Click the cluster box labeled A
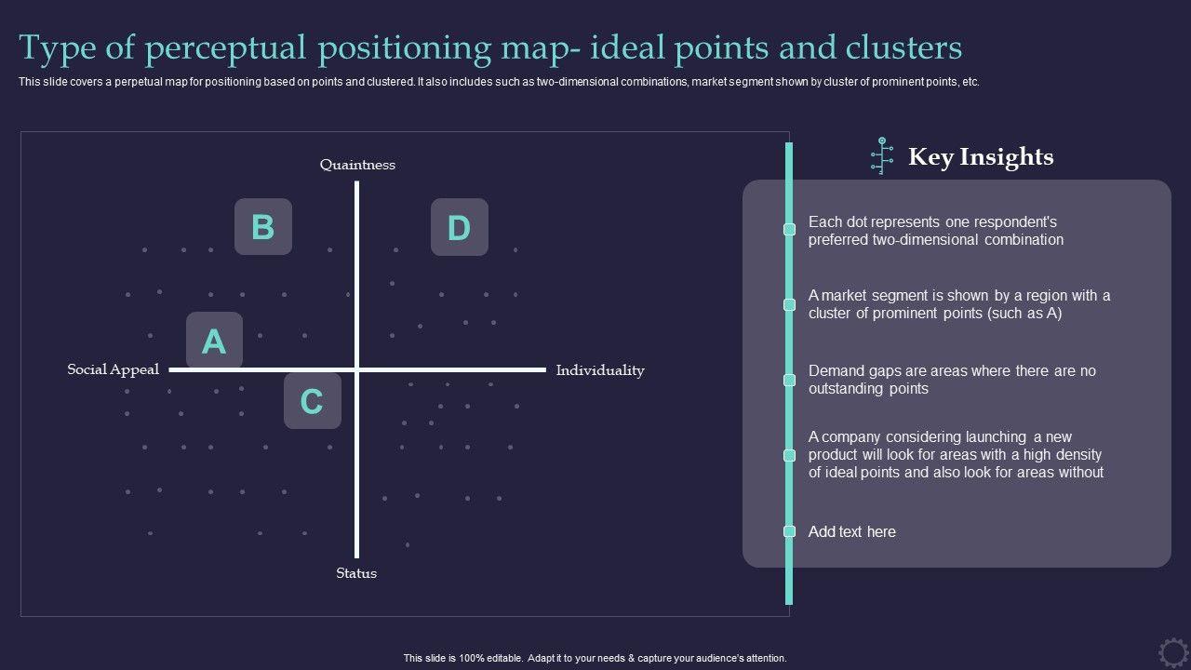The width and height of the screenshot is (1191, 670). pyautogui.click(x=214, y=341)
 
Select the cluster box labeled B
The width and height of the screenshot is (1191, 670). pyautogui.click(x=263, y=227)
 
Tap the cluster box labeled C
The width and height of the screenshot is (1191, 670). pyautogui.click(x=312, y=401)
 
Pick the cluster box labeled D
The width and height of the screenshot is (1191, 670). pyautogui.click(x=460, y=227)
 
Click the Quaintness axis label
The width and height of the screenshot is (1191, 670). pyautogui.click(x=357, y=165)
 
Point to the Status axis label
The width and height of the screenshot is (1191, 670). pyautogui.click(x=356, y=573)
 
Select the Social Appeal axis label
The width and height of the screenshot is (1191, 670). pyautogui.click(x=114, y=369)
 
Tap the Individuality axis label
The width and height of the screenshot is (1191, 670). pyautogui.click(x=600, y=370)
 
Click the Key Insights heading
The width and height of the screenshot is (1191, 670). pyautogui.click(x=981, y=157)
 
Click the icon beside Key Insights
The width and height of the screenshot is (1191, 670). pyautogui.click(x=881, y=156)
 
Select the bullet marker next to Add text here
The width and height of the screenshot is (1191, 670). pyautogui.click(x=790, y=531)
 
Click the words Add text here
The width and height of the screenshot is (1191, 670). pyautogui.click(x=852, y=532)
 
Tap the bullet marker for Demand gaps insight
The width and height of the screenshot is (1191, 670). pyautogui.click(x=790, y=380)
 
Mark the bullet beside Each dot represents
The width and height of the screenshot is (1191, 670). pyautogui.click(x=790, y=229)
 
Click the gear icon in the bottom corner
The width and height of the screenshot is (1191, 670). pyautogui.click(x=1173, y=651)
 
